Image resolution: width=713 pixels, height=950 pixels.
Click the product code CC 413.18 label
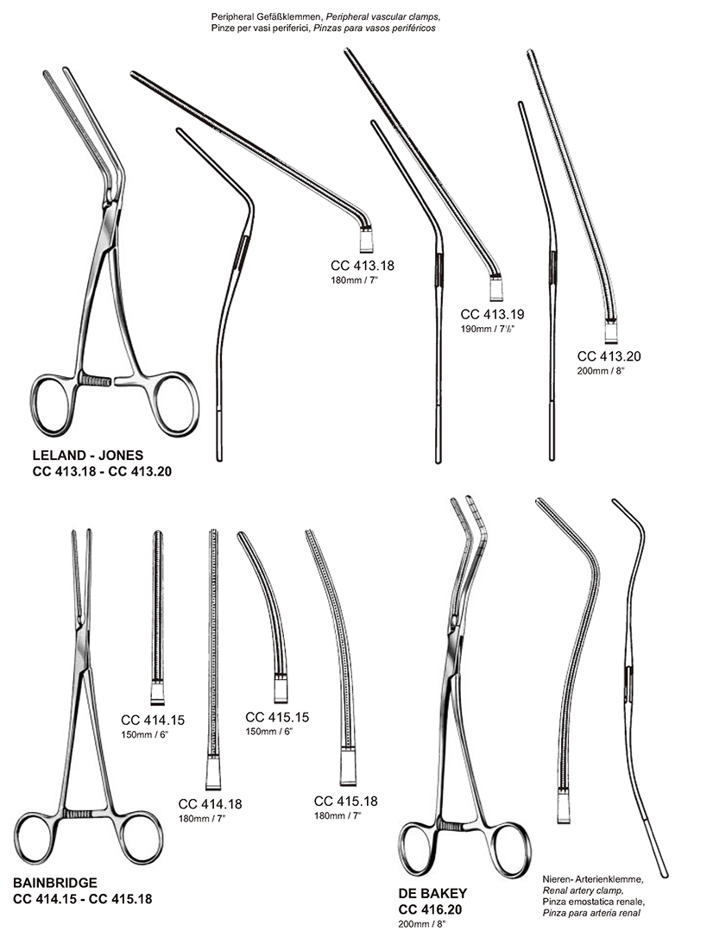363,266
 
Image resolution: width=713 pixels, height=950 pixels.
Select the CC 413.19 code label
493,314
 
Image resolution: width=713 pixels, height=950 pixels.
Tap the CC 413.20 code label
609,355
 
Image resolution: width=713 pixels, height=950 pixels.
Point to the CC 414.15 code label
153,719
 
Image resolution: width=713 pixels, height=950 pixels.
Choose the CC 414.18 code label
210,804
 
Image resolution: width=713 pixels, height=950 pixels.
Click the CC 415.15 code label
277,716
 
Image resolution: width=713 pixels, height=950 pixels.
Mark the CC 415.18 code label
345,801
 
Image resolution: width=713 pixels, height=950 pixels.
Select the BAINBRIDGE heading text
55,882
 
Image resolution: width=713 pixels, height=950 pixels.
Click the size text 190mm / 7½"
489,329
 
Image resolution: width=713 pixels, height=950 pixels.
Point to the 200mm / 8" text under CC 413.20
600,370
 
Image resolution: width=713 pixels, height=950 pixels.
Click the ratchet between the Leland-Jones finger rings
97,379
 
